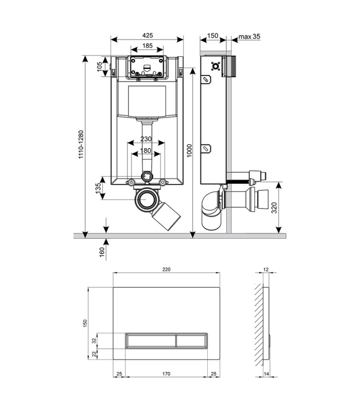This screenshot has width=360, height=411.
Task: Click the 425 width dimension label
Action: point(148,35)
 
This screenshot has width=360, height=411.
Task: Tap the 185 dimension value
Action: point(148,46)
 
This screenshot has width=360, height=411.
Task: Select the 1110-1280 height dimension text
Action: point(81,144)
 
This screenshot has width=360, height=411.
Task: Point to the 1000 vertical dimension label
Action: point(189,151)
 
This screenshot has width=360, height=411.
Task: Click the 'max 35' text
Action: point(249,36)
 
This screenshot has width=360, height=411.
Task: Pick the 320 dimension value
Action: point(274,208)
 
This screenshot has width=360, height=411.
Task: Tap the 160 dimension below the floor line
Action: point(102,252)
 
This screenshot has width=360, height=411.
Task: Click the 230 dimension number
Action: point(146,139)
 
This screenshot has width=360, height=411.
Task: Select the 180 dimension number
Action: point(146,151)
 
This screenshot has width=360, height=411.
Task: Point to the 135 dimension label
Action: point(98,188)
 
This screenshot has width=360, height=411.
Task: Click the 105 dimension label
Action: point(99,67)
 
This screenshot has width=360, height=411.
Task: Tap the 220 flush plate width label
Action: point(166,269)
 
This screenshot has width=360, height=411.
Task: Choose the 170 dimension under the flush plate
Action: point(166,374)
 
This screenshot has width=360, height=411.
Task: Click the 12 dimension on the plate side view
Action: point(266,269)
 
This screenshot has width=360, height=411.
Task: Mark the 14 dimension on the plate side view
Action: point(266,374)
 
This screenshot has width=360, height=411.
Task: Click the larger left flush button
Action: point(151,341)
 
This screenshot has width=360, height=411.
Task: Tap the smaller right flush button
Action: point(192,341)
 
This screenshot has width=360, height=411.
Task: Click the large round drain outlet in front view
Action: point(147,200)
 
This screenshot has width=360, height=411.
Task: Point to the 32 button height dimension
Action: point(94,341)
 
